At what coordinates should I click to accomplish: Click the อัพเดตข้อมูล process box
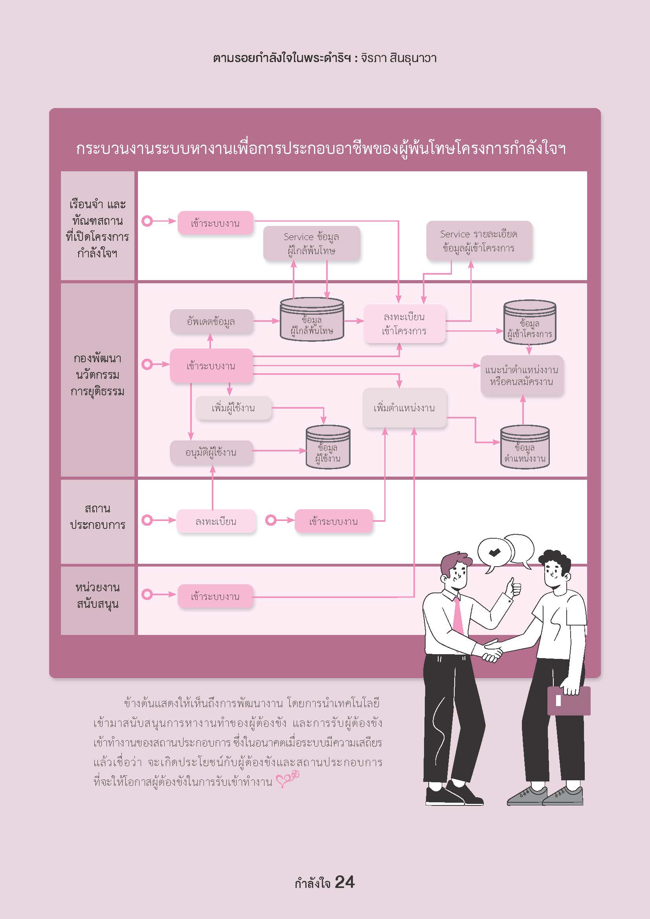click(x=211, y=321)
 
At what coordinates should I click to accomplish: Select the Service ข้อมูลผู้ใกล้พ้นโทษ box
click(x=311, y=243)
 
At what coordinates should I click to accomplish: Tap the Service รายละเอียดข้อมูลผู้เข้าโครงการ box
click(x=479, y=241)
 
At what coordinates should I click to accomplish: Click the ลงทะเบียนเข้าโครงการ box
click(x=404, y=324)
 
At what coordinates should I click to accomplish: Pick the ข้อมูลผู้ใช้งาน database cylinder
click(x=328, y=448)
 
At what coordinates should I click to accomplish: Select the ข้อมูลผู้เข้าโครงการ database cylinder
click(x=529, y=323)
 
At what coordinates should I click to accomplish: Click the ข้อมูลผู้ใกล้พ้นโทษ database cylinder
click(x=312, y=320)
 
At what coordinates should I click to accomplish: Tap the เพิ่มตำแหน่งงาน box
click(x=404, y=408)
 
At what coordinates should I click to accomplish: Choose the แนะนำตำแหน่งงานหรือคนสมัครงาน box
click(x=521, y=376)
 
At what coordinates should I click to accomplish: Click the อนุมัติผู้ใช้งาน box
click(x=211, y=452)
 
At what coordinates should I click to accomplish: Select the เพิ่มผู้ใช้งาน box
click(x=233, y=408)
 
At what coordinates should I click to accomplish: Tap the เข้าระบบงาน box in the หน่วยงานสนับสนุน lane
click(x=215, y=597)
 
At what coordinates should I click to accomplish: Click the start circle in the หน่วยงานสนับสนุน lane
click(x=147, y=594)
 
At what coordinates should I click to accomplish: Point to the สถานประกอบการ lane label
click(x=97, y=517)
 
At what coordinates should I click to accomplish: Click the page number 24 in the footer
click(x=344, y=882)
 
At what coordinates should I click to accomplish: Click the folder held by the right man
click(x=568, y=701)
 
